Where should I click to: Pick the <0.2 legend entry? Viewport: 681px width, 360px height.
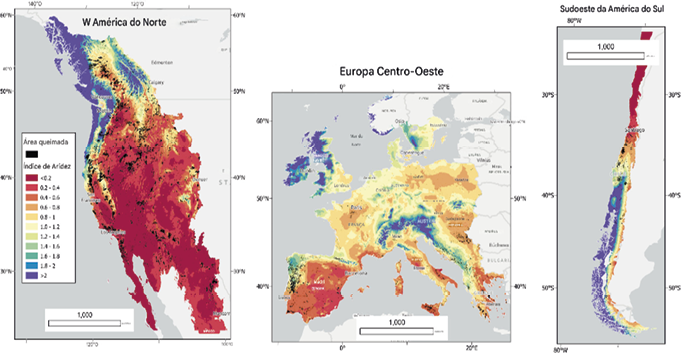pyautogui.click(x=41, y=177)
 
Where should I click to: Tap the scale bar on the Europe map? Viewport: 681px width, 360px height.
pyautogui.click(x=395, y=327)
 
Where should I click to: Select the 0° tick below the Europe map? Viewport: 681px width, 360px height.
pyautogui.click(x=342, y=349)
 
